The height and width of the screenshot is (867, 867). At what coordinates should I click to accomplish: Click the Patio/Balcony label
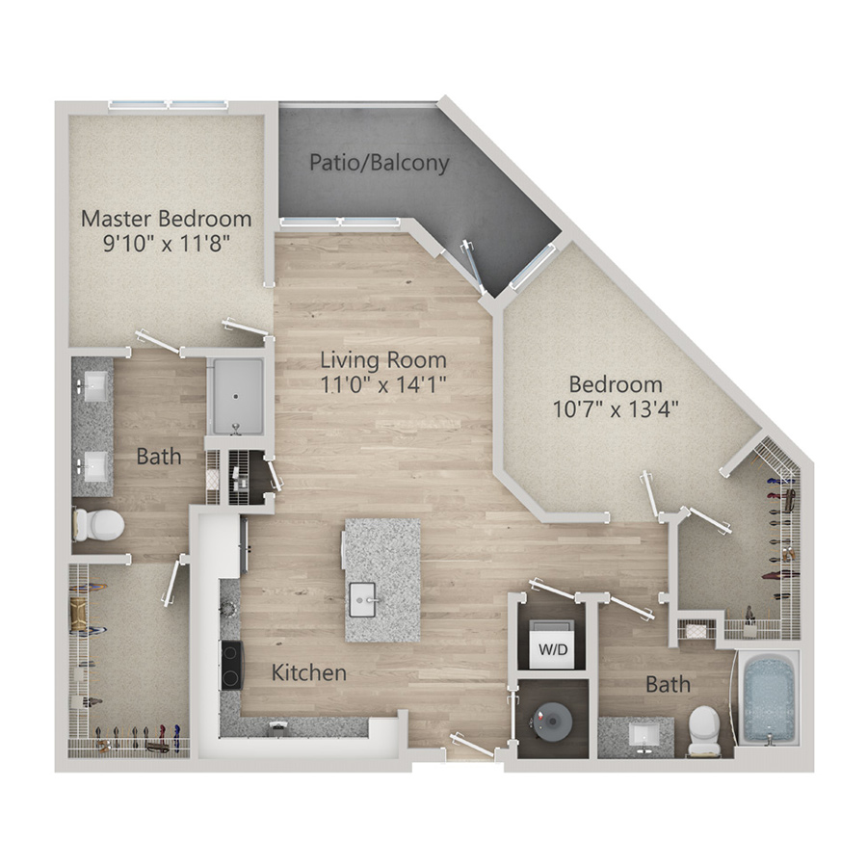tap(379, 163)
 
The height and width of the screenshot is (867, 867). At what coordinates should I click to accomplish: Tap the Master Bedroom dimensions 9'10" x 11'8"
tap(167, 243)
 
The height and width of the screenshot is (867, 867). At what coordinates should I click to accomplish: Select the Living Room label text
tap(383, 360)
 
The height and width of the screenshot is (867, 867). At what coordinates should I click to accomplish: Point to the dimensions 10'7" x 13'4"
tap(616, 409)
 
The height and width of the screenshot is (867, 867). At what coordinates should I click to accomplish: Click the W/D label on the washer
tap(553, 649)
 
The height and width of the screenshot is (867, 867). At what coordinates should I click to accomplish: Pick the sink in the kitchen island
tap(363, 600)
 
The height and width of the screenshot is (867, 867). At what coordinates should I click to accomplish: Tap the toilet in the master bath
tap(98, 525)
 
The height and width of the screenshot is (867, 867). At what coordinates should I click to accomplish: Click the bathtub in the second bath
tap(769, 699)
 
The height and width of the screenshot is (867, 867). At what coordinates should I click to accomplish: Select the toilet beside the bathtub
tap(704, 731)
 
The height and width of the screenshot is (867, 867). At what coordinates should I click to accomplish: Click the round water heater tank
tap(552, 720)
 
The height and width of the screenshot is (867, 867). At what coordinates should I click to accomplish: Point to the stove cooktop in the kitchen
tap(231, 665)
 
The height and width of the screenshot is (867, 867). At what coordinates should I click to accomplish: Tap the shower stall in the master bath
tap(236, 397)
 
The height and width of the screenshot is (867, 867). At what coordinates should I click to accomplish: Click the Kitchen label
tap(309, 672)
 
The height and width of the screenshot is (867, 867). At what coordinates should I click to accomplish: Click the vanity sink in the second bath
tap(642, 735)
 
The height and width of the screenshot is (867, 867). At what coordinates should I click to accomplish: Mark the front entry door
tap(472, 745)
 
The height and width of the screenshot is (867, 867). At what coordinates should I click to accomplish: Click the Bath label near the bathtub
tap(668, 685)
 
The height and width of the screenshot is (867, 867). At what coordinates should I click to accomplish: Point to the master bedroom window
tap(168, 105)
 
